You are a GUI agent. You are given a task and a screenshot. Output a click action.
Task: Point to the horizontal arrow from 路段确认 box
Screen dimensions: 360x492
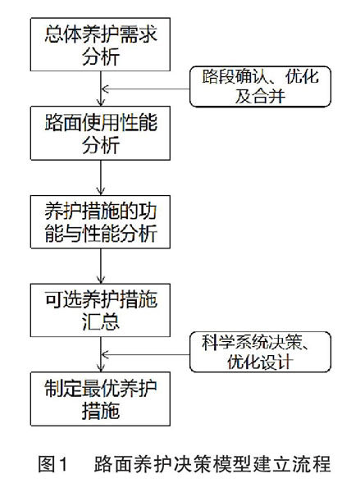[x=145, y=89]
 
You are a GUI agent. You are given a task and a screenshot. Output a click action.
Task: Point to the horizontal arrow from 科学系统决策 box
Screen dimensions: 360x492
[x=145, y=354]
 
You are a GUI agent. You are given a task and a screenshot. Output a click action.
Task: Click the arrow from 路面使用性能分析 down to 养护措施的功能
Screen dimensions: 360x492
[x=100, y=178]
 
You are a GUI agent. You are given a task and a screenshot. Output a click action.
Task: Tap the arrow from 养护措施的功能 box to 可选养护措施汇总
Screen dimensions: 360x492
[x=100, y=266]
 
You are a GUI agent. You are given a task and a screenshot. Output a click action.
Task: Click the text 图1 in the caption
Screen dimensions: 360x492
[x=52, y=464]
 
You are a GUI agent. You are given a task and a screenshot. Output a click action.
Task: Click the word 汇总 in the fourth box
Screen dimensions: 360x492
[x=101, y=321]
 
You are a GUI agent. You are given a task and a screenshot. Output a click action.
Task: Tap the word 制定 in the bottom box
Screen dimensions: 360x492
[x=63, y=388]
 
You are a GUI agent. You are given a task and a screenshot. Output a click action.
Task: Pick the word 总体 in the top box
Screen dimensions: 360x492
[x=63, y=34]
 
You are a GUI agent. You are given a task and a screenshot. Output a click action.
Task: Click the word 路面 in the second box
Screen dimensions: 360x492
[x=63, y=122]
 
